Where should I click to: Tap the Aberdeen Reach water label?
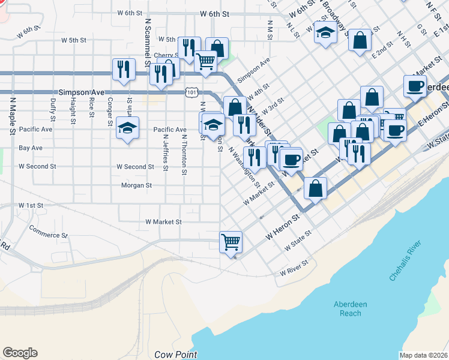point(348,308)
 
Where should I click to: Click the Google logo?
point(20,353)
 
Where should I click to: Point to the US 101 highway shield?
point(191,92)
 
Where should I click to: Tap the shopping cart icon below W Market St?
point(231,242)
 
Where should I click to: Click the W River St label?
point(294,268)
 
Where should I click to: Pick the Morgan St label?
point(136,185)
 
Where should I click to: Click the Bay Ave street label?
point(31,148)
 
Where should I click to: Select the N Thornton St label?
point(184,154)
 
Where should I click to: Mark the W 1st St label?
point(31,205)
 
